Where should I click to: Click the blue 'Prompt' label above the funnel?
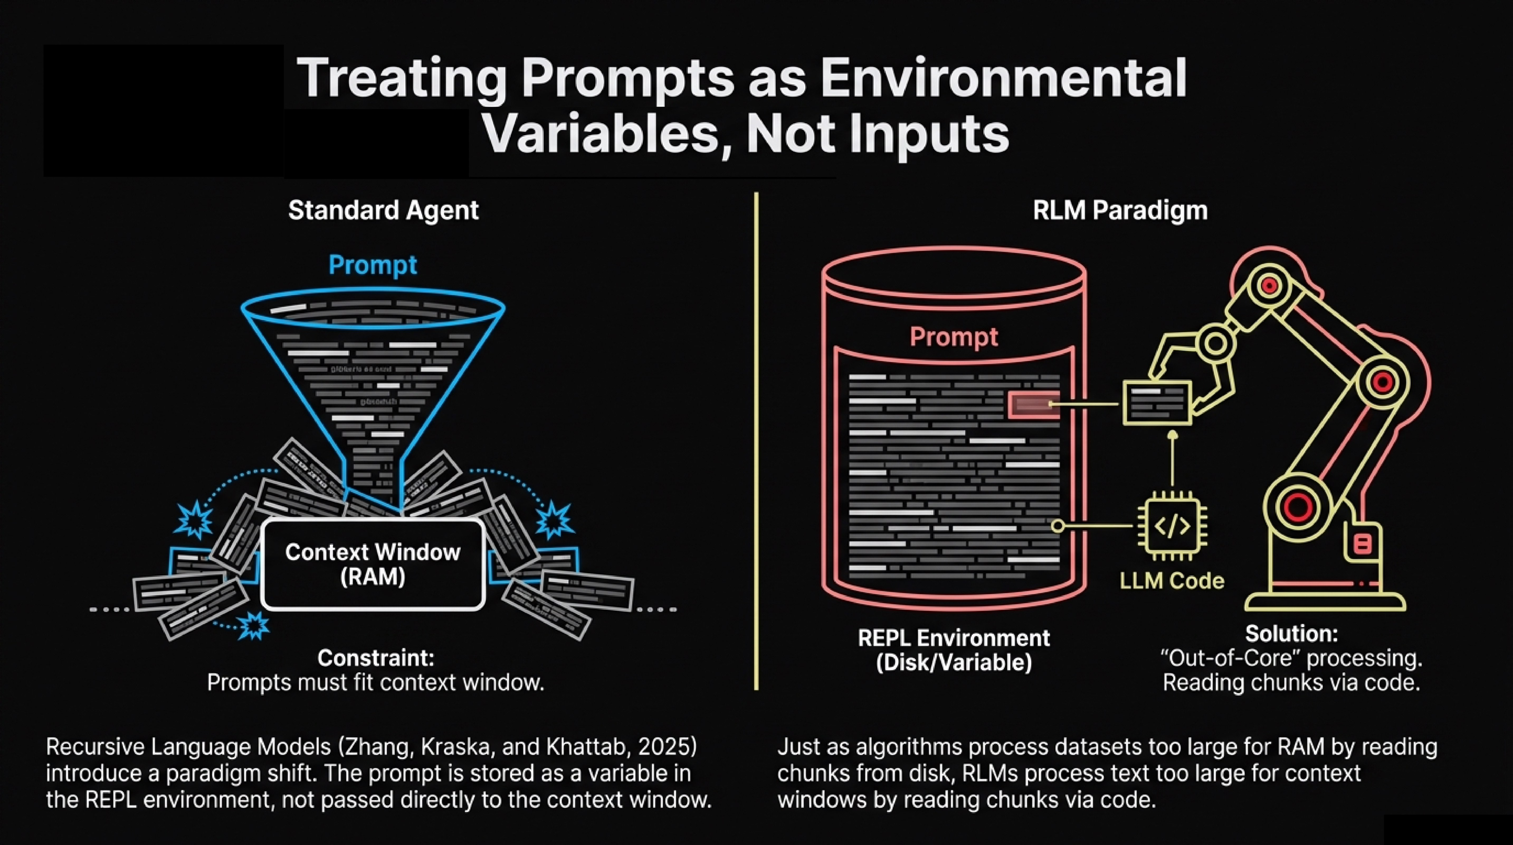pos(372,264)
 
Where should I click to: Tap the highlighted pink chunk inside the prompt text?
pos(1034,404)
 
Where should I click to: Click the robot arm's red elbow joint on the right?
pos(1383,382)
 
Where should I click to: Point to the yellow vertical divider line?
pos(756,441)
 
